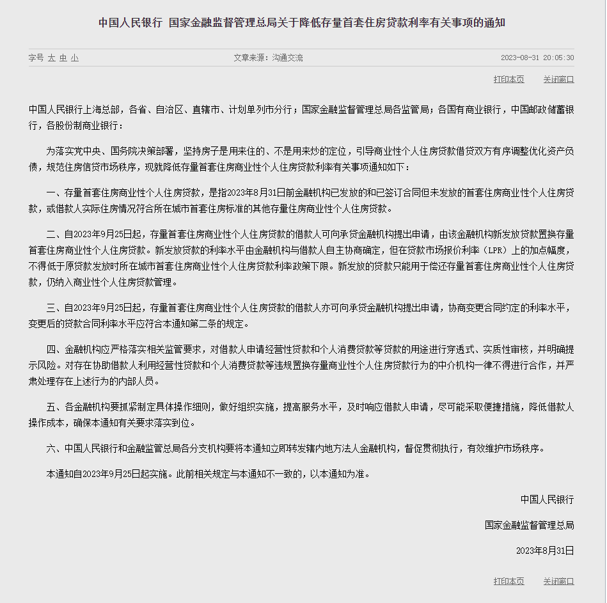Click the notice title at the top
coord(302,22)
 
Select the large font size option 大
coord(52,58)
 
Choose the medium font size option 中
coord(63,58)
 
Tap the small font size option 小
coord(75,58)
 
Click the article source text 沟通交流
coord(287,58)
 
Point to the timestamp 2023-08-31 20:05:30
coord(537,58)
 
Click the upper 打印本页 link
coord(508,79)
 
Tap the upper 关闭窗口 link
coord(558,79)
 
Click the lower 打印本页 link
coord(508,581)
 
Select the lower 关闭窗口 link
coord(558,581)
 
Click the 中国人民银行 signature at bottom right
coord(547,499)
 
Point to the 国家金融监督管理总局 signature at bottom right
coord(529,525)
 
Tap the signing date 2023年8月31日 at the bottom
coord(545,551)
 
